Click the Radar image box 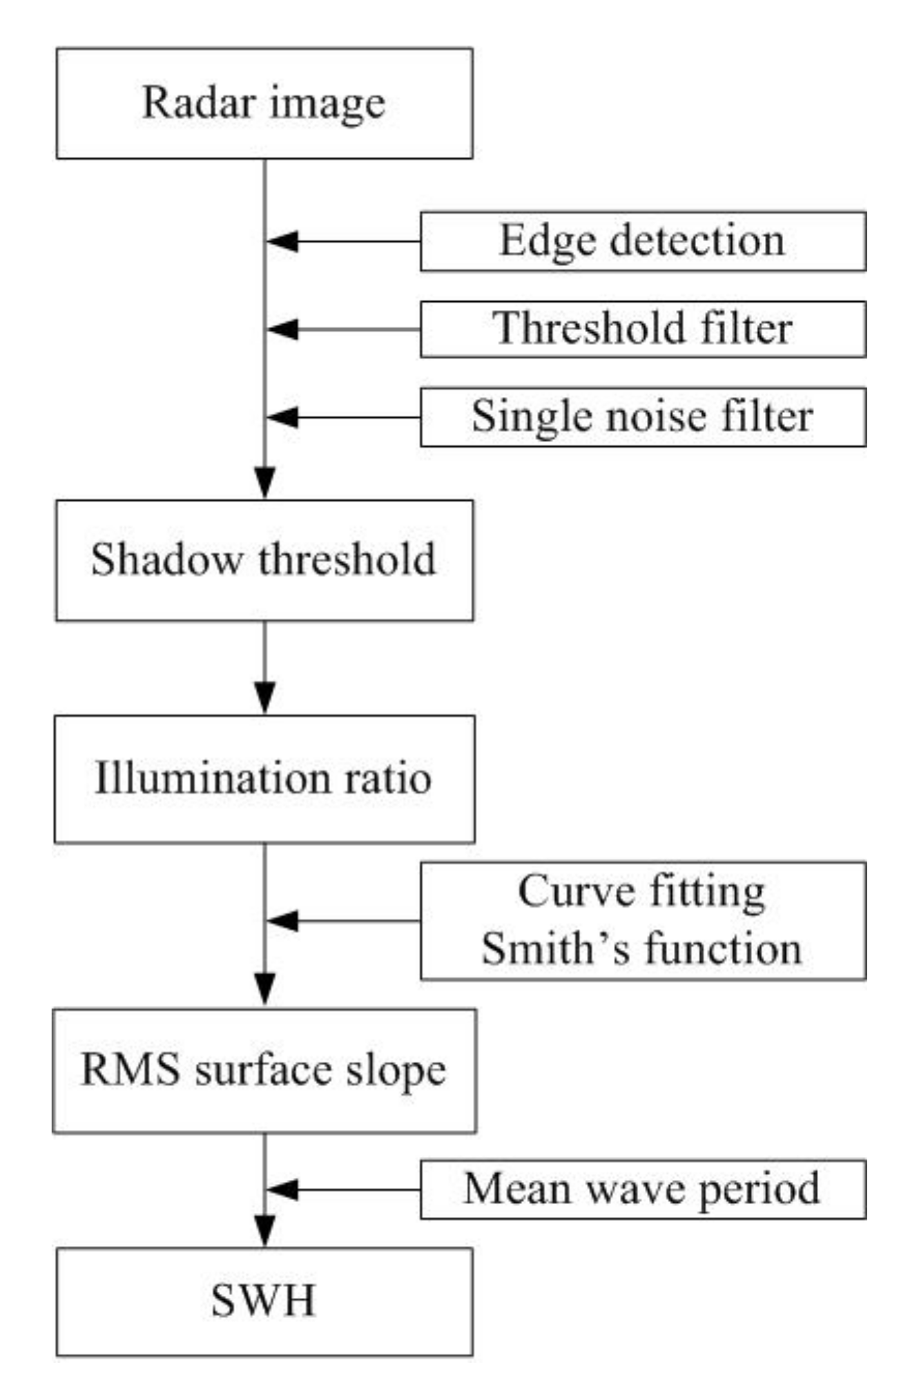(x=264, y=103)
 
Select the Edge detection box (x=642, y=241)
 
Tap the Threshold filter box (x=642, y=329)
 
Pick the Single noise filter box (x=642, y=417)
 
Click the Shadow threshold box (x=264, y=560)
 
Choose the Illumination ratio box (x=264, y=779)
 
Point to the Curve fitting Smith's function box (x=642, y=920)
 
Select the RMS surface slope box (x=264, y=1071)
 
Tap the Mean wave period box (x=642, y=1189)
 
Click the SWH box (x=264, y=1301)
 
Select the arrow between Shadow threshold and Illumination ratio (x=265, y=667)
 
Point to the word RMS (x=130, y=1070)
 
